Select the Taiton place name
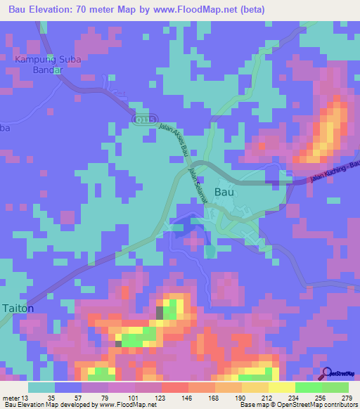coord(18,308)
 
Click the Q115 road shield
coord(143,121)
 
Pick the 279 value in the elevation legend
coord(345,397)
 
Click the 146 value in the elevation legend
coord(187,397)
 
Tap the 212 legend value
coord(266,397)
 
